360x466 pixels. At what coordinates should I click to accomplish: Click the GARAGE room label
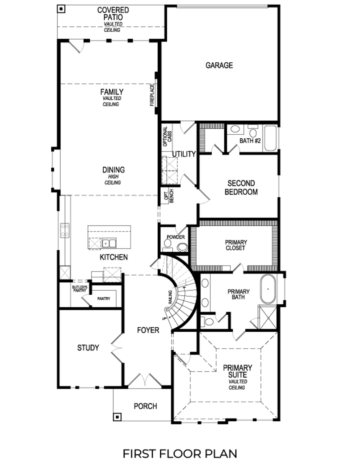pos(219,65)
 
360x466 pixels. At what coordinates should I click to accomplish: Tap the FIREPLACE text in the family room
pos(152,95)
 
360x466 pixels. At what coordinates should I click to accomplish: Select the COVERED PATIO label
pos(113,14)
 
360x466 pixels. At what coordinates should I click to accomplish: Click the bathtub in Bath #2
pos(270,138)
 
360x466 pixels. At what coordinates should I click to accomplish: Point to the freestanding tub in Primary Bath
pos(268,289)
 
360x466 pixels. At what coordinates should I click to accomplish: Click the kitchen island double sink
pos(108,243)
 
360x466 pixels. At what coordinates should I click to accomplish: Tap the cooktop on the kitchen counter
pos(65,230)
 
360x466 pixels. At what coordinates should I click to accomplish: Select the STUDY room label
pos(88,348)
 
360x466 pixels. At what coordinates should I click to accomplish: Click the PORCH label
pos(145,406)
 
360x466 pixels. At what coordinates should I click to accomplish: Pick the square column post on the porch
pos(117,417)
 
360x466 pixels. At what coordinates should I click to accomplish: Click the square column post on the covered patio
pos(61,9)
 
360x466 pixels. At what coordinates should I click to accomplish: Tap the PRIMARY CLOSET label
pos(236,245)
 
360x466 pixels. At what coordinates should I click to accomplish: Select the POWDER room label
pos(176,237)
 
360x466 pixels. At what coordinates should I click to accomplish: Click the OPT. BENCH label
pos(169,196)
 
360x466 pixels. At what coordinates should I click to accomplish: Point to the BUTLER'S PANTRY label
pos(80,288)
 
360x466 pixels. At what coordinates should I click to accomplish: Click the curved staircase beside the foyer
pos(182,292)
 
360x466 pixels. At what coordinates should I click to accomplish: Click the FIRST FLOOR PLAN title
pos(180,453)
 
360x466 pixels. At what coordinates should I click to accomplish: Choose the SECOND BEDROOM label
pos(241,187)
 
